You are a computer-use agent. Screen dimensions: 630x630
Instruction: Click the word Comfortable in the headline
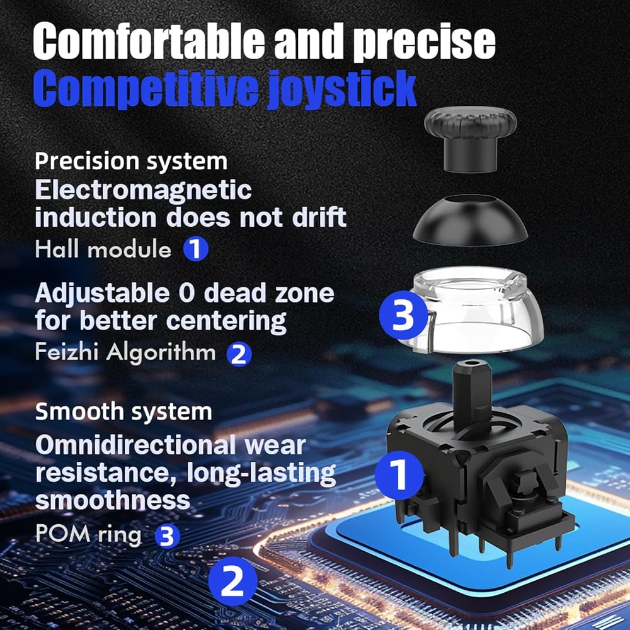click(149, 42)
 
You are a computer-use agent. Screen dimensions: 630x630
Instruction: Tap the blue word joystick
click(341, 89)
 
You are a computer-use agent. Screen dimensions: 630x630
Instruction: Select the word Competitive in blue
click(146, 88)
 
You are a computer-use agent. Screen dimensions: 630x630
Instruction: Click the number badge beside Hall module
click(196, 249)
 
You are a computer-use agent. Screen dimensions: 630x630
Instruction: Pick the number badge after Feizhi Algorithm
click(239, 354)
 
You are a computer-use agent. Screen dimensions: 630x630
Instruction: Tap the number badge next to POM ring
click(167, 536)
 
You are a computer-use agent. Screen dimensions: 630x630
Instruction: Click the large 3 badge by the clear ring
click(403, 315)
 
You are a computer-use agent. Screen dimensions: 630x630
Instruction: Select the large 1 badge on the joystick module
click(399, 475)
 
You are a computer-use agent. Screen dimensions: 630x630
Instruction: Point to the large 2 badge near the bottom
click(233, 581)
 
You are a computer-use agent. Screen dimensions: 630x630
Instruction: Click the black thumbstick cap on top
click(470, 139)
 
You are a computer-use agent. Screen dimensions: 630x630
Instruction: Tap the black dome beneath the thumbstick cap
click(471, 220)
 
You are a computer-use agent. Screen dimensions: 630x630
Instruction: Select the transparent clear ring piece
click(474, 309)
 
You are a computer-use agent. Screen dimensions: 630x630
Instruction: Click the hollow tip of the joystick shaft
click(472, 364)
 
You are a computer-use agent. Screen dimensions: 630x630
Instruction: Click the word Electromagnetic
click(143, 190)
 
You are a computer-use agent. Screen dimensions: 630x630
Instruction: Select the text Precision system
click(131, 161)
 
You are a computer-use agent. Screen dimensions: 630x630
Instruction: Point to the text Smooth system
click(123, 411)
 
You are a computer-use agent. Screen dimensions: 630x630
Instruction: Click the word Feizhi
click(66, 352)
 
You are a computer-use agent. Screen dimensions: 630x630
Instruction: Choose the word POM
click(62, 534)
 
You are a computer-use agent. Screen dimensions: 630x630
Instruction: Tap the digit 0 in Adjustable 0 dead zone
click(186, 293)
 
